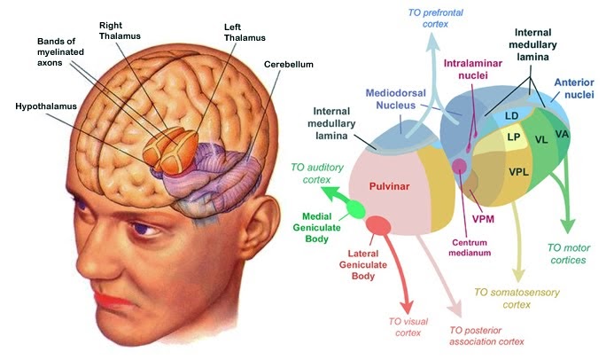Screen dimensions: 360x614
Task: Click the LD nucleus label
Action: point(511,115)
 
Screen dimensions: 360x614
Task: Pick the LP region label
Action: point(513,137)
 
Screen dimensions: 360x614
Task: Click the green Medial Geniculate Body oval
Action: point(356,209)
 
